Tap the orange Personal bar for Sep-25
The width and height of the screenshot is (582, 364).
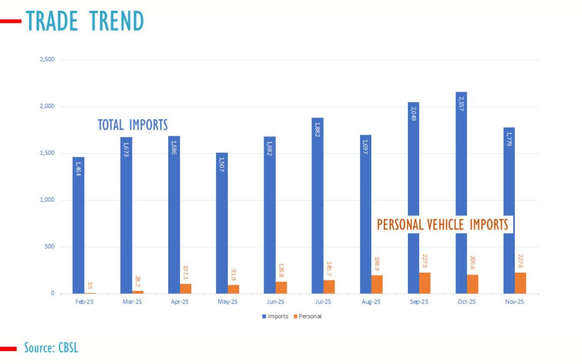(x=425, y=283)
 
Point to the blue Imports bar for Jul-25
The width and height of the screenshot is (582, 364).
(x=317, y=205)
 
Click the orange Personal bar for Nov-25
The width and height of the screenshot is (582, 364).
(x=520, y=283)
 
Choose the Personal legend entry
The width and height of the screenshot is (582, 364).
(x=308, y=316)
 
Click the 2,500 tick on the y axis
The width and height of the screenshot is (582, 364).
(x=47, y=60)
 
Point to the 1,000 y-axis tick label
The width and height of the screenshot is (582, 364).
(x=47, y=200)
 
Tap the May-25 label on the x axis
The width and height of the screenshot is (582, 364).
(x=227, y=302)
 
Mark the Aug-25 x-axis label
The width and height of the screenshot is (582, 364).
(x=371, y=302)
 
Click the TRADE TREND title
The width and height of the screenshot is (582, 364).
(x=85, y=21)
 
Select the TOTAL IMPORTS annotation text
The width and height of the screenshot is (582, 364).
(x=133, y=125)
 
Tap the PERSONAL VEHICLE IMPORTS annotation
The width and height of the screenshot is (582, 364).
(x=442, y=224)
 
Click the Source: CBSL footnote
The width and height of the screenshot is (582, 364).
(x=51, y=348)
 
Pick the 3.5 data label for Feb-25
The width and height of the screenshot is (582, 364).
(x=90, y=285)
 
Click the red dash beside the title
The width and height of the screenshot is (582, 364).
(x=11, y=22)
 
